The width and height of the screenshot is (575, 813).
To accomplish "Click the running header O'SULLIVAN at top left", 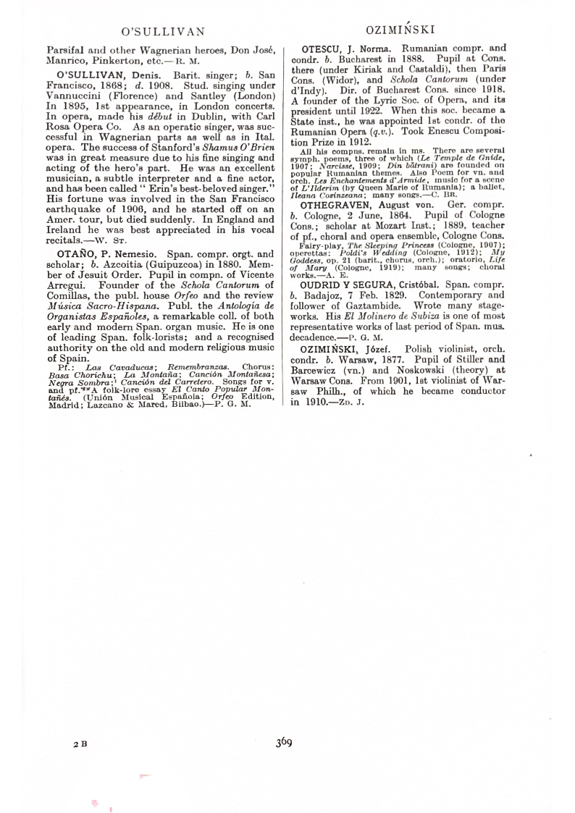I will point(163,31).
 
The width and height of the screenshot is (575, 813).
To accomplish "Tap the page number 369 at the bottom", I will point(283,741).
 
